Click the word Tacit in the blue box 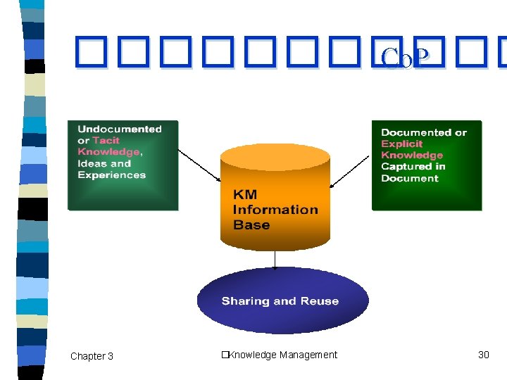[x=106, y=141]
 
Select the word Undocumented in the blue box [x=119, y=129]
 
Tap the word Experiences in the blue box [x=111, y=175]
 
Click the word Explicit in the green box [x=401, y=144]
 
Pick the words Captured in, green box [x=413, y=167]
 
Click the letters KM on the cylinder [x=246, y=194]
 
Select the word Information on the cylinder [x=275, y=210]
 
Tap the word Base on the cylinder [x=251, y=225]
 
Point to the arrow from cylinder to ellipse [x=275, y=260]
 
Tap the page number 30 [x=483, y=355]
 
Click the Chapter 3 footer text [x=92, y=356]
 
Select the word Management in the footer [x=308, y=355]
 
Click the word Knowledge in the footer [x=251, y=355]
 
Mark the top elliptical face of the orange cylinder [x=275, y=158]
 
